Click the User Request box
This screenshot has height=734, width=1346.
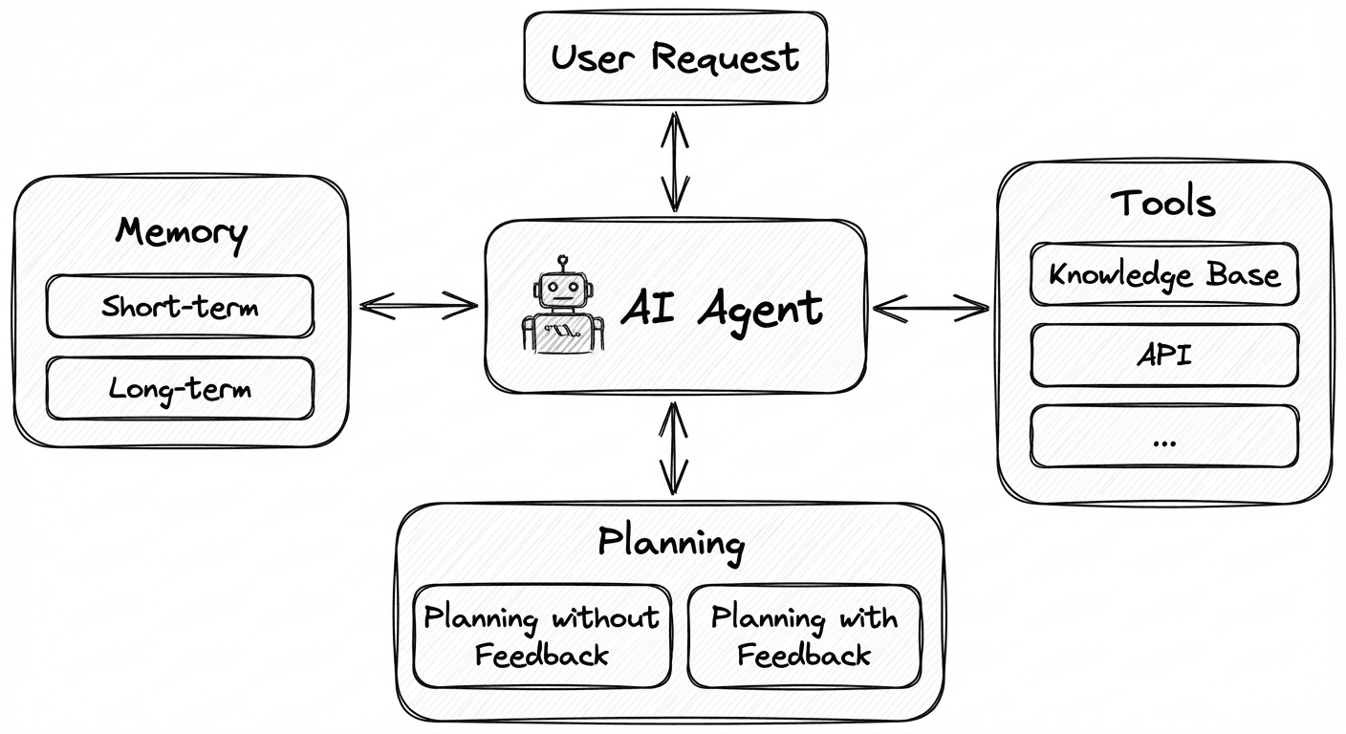pos(675,57)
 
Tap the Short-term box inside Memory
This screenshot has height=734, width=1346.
pos(180,307)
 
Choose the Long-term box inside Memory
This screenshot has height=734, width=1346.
pos(180,389)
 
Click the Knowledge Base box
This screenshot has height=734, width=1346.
pos(1164,275)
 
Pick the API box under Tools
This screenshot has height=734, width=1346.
pos(1164,356)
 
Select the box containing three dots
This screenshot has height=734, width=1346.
pos(1164,437)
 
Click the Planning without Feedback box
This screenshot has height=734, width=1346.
pos(541,636)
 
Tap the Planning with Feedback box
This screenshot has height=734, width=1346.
pos(804,636)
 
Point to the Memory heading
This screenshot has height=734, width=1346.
pos(181,231)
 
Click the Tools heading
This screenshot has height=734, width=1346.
pos(1163,203)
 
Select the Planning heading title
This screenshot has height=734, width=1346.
pos(670,542)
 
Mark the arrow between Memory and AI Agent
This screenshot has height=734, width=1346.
pos(418,306)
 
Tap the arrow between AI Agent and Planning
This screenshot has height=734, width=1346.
pos(675,447)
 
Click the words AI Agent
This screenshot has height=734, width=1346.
pos(722,308)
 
